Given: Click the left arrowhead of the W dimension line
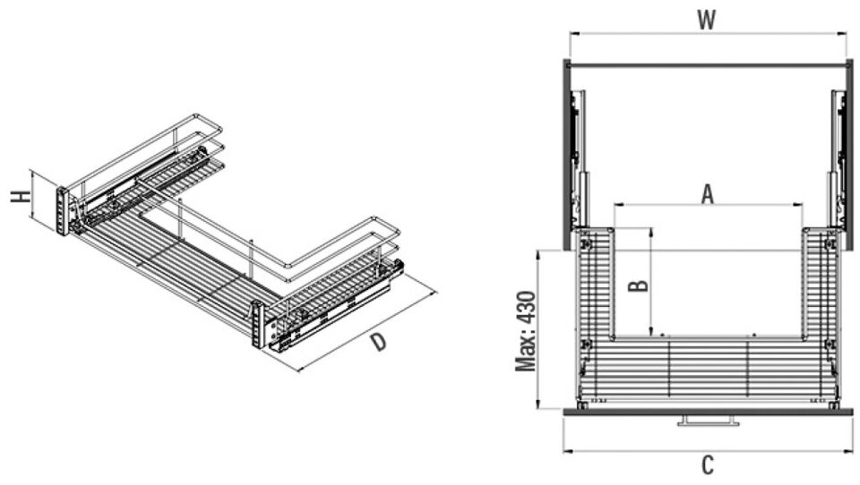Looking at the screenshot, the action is [571, 33].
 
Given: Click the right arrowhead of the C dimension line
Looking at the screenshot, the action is [852, 451].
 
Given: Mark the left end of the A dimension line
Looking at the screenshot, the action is [615, 206].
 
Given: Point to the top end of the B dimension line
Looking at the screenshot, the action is [651, 228].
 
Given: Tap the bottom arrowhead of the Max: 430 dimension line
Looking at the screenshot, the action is [538, 408].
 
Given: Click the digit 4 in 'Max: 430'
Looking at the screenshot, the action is [526, 318].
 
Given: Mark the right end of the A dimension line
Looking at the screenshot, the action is [803, 206].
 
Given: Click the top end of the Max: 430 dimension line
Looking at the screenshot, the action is [538, 250].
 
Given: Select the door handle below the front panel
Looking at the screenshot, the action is [708, 421].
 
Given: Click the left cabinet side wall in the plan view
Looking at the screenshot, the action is [567, 154].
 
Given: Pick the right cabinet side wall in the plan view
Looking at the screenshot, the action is [849, 154].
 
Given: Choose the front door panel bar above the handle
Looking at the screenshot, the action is [708, 412].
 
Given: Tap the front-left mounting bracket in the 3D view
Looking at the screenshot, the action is [63, 211].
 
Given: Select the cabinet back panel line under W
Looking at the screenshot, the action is [708, 65].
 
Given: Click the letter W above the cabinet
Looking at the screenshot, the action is [707, 20].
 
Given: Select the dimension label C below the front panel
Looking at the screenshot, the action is [708, 465].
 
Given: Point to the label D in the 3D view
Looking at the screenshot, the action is [378, 342].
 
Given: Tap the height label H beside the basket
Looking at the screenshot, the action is [21, 197].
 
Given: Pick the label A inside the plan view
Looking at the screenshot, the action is [708, 194].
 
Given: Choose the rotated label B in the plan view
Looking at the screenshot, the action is [639, 285].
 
